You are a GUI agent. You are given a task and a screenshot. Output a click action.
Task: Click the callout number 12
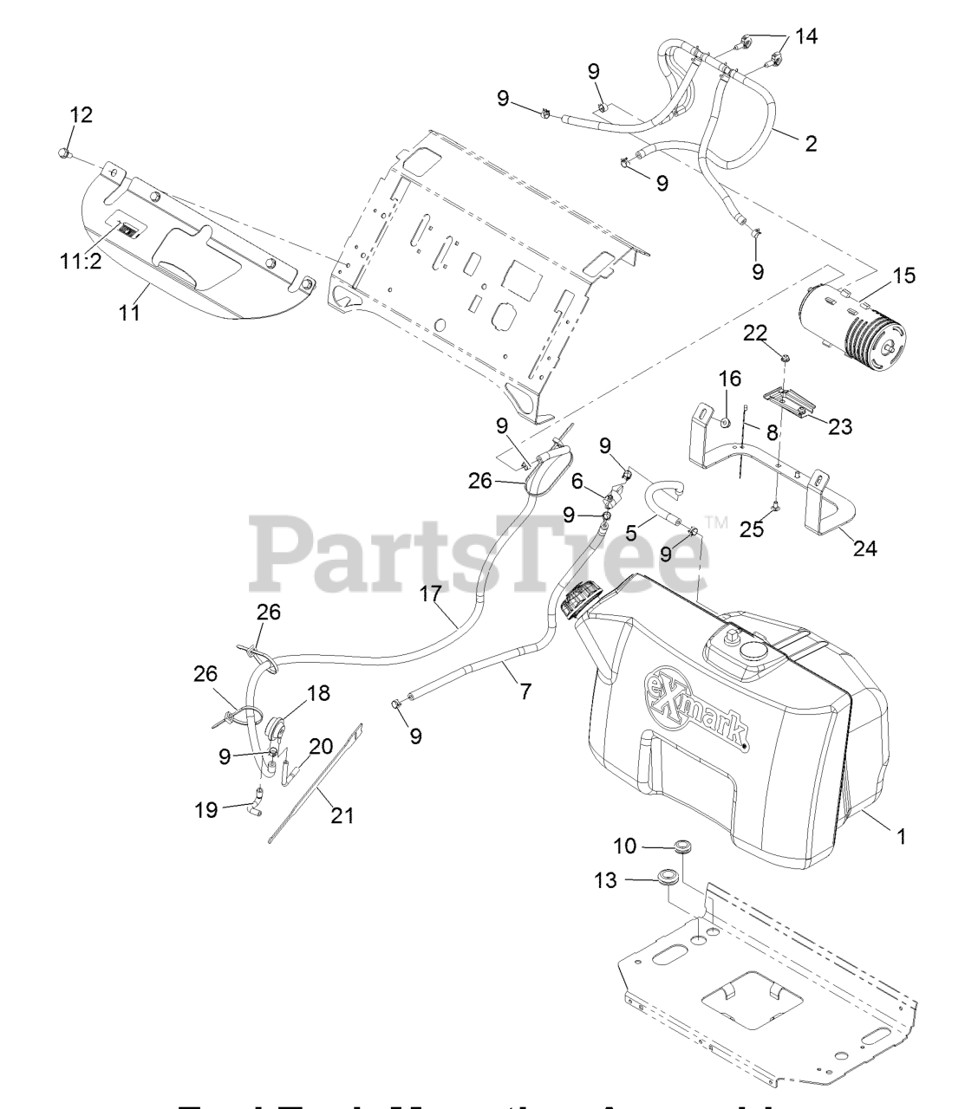(81, 114)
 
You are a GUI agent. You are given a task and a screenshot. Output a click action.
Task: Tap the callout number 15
(903, 276)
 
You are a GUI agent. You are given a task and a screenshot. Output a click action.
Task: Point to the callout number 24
(864, 548)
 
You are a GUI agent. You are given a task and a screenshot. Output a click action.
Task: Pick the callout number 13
(606, 880)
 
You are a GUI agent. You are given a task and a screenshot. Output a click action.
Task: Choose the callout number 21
(342, 815)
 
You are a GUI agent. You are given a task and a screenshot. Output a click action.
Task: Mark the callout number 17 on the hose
(431, 593)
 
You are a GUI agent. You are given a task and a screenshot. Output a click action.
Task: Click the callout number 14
(806, 36)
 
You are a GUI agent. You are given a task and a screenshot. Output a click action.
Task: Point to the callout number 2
(811, 143)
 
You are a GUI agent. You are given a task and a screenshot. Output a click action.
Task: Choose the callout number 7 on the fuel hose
(525, 691)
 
